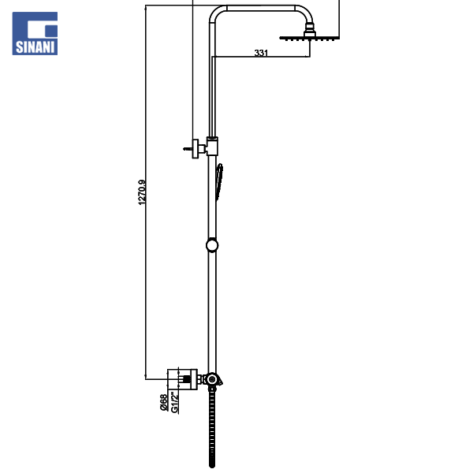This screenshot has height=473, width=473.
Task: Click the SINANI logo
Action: click(35, 33)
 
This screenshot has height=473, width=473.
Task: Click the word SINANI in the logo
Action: click(35, 47)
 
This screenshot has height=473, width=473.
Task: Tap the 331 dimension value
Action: click(261, 53)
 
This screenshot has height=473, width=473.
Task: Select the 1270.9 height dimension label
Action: click(142, 192)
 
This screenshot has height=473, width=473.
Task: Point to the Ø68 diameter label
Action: click(163, 402)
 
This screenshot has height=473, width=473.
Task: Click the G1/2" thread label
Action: click(175, 402)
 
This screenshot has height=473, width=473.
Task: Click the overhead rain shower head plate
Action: click(310, 39)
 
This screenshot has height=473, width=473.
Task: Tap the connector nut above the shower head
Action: click(310, 29)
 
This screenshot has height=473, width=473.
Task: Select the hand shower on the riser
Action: click(219, 182)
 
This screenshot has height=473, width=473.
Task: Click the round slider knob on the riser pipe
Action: click(212, 245)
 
